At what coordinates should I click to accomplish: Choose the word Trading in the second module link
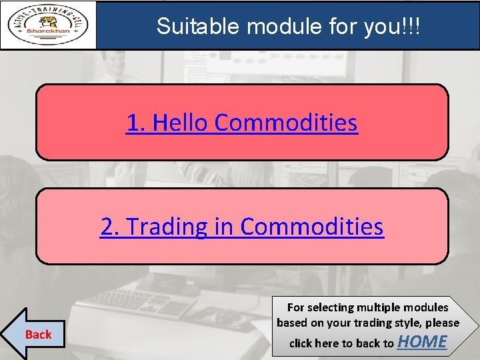[167, 227]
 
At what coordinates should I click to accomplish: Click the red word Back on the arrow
[38, 335]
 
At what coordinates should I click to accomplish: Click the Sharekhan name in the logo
[48, 30]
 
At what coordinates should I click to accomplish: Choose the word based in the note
[291, 323]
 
